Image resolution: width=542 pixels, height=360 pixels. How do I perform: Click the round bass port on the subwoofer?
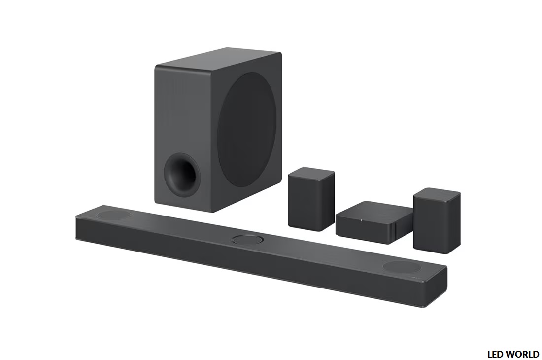click(x=182, y=175)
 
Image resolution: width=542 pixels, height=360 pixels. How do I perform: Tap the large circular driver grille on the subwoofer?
click(x=247, y=130)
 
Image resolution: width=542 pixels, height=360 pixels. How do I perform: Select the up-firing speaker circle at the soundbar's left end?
click(x=114, y=215)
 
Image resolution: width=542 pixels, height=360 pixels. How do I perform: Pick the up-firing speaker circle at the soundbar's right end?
click(x=402, y=267)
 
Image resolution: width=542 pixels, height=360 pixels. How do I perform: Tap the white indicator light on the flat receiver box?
click(x=361, y=219)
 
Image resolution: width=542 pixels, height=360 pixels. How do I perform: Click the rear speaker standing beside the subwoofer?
click(x=311, y=199)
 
